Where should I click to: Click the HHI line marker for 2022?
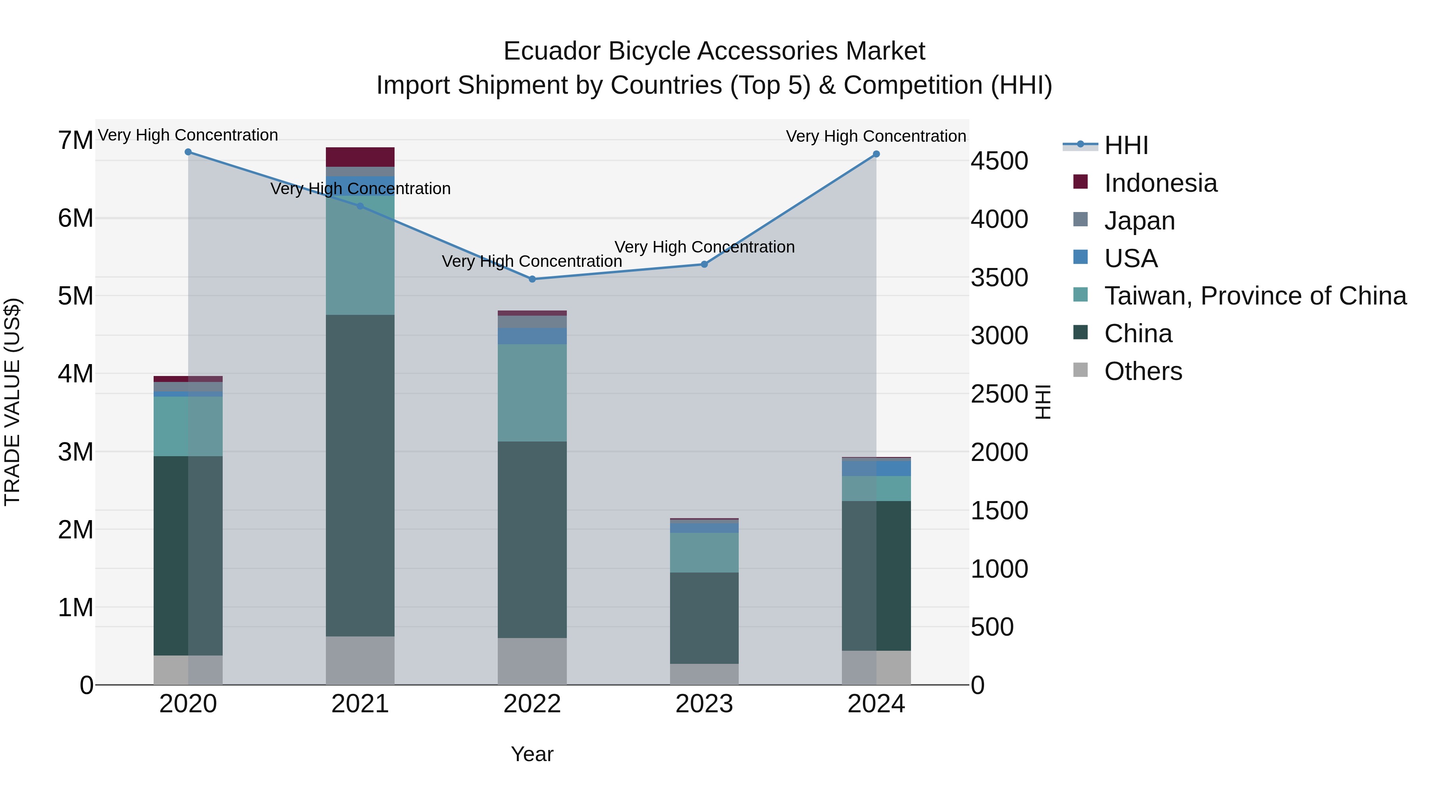point(532,279)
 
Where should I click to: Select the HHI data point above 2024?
point(876,154)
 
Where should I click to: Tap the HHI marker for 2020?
point(188,152)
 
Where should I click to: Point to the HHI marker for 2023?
point(704,264)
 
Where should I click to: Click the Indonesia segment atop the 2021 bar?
point(360,156)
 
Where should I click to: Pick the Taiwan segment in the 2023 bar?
point(704,552)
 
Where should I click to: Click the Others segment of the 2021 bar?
point(360,660)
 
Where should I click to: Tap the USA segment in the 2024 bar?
point(876,468)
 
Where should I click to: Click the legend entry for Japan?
point(1139,221)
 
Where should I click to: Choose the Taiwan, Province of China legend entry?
point(1255,296)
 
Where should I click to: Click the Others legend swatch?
point(1080,370)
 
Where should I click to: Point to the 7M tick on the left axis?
point(75,141)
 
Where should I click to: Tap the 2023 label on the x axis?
point(704,704)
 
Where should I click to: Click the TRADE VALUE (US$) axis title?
point(13,402)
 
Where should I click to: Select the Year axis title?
point(532,754)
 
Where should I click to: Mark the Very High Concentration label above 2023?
point(704,247)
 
